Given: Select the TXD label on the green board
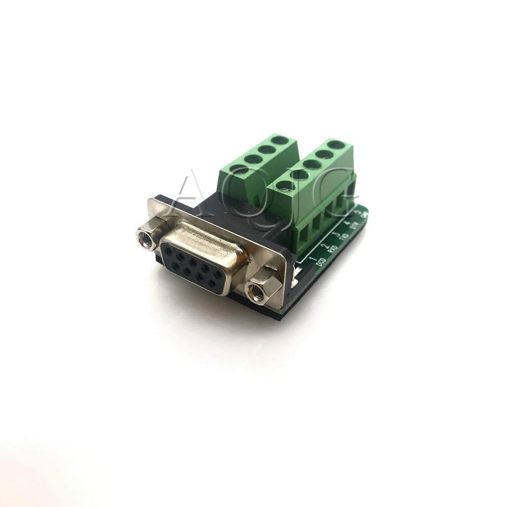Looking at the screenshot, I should [x=345, y=236].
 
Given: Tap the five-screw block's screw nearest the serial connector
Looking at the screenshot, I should [x=285, y=186].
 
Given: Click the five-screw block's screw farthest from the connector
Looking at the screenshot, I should [x=336, y=144].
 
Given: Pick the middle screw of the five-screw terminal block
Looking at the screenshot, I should [x=312, y=164].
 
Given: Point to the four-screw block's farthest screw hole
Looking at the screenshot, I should [x=278, y=139].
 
